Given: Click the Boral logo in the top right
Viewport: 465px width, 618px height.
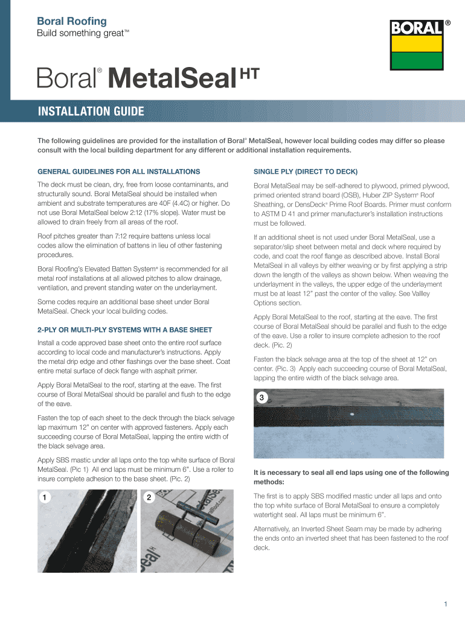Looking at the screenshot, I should coord(417,45).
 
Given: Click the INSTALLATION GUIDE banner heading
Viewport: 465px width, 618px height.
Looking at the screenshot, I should coord(91,112).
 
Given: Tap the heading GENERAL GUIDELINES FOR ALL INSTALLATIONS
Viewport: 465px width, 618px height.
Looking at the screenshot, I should coord(118,171).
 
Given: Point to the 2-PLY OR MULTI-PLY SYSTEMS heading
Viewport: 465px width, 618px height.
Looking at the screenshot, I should coord(125,330).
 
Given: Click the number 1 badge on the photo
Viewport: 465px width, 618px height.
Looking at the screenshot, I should coord(44,497).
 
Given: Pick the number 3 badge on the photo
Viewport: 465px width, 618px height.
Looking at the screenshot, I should coord(261,398).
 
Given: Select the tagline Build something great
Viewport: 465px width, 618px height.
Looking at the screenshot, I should coord(84,33).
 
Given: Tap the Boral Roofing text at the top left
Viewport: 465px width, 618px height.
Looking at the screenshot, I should coord(72,21).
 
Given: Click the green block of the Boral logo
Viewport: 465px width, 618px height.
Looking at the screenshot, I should coord(417,60).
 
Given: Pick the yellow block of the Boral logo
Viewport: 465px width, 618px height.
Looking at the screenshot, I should coord(417,44).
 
